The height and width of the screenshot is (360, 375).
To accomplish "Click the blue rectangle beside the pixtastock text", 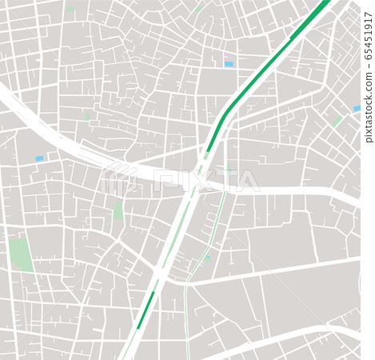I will click(x=357, y=108).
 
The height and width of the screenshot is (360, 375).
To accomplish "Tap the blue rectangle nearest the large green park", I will click(x=39, y=158).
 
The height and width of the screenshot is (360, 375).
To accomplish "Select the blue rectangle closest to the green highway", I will click(x=229, y=63).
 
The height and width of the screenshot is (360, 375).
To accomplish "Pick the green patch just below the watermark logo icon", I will click(x=119, y=210).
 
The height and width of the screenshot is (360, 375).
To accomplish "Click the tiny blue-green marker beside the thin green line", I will click(x=208, y=258).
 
